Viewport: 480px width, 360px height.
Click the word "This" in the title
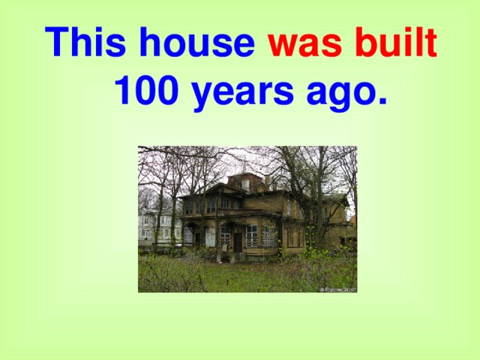click(x=83, y=43)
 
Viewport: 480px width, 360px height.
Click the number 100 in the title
click(x=148, y=93)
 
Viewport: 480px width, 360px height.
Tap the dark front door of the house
click(x=237, y=241)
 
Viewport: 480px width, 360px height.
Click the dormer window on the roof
click(x=245, y=184)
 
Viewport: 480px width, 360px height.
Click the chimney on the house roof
click(x=267, y=180)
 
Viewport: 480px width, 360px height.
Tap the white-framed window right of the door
click(x=252, y=235)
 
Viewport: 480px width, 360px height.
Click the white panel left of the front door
click(x=211, y=237)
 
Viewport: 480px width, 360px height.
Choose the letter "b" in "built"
click(x=366, y=43)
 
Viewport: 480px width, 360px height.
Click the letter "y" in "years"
click(x=202, y=97)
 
